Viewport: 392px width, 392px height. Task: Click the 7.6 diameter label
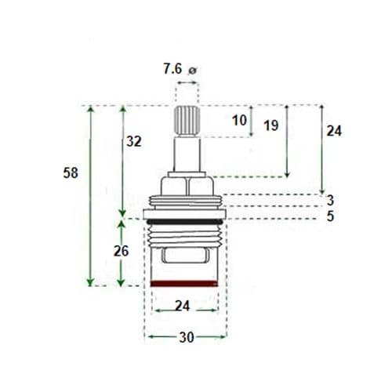coord(172,69)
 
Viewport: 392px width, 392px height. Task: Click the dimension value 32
coord(134,141)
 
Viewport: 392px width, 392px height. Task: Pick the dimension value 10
coord(240,120)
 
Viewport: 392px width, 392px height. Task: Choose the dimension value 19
coord(271,125)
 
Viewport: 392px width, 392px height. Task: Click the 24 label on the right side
coord(334,132)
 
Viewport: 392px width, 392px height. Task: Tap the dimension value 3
coord(331,201)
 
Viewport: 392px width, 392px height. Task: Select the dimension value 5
coord(331,216)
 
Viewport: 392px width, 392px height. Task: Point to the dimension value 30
coord(185,337)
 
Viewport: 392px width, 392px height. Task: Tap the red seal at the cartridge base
coord(185,281)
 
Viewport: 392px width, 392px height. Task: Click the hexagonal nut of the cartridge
coord(185,187)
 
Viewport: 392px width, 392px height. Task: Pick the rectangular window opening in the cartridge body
coord(185,256)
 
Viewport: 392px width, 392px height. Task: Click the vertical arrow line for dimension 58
coord(91,196)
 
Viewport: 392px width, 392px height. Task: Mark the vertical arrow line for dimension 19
coord(288,141)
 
